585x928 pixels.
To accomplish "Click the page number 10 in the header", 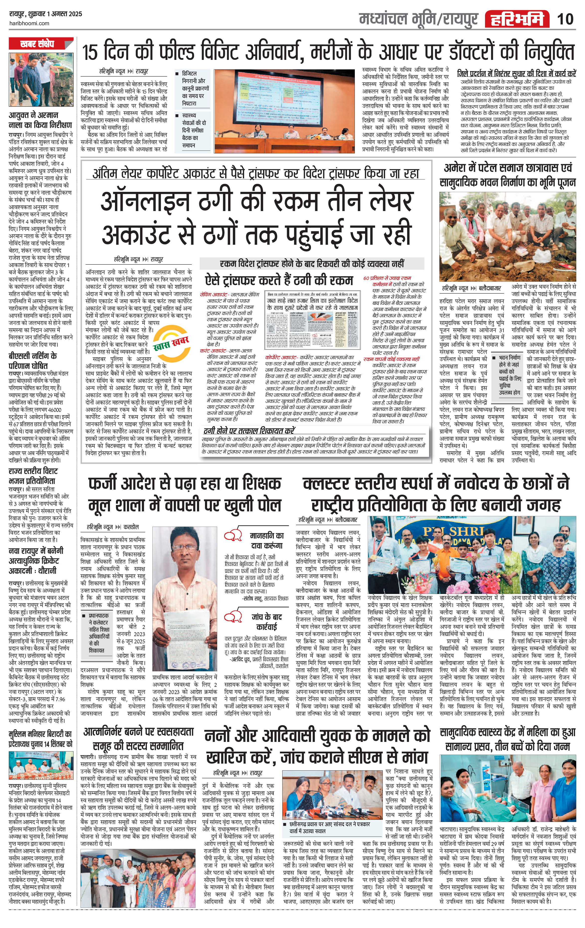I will click(x=565, y=19).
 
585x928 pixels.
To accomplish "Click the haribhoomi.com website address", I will click(x=29, y=23).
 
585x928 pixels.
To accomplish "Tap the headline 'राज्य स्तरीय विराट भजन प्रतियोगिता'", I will click(x=33, y=476).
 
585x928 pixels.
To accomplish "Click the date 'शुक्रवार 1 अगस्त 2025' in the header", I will click(x=55, y=14).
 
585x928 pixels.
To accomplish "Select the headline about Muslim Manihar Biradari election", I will click(x=40, y=739).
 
